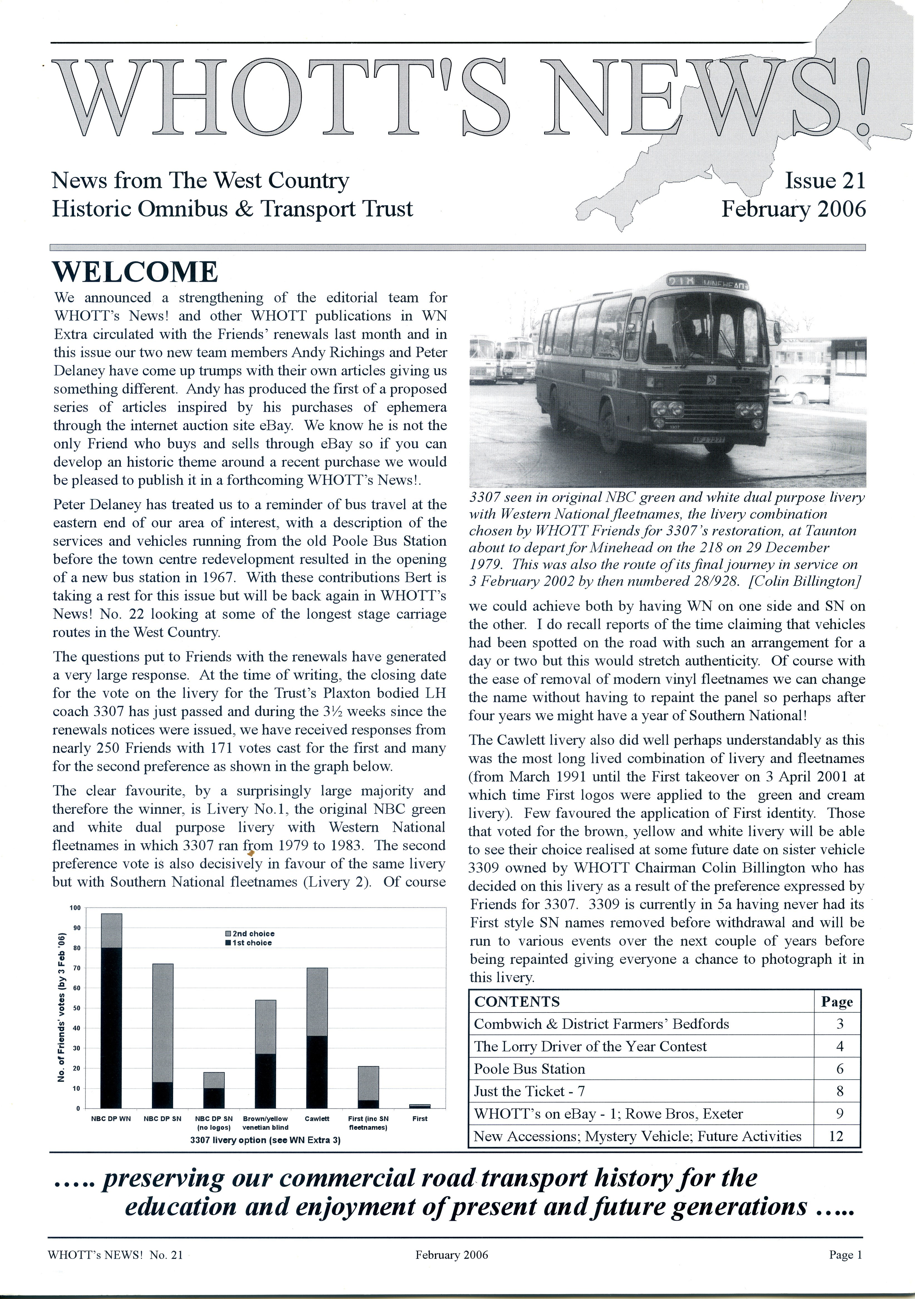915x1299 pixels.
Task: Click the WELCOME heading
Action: (x=135, y=272)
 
